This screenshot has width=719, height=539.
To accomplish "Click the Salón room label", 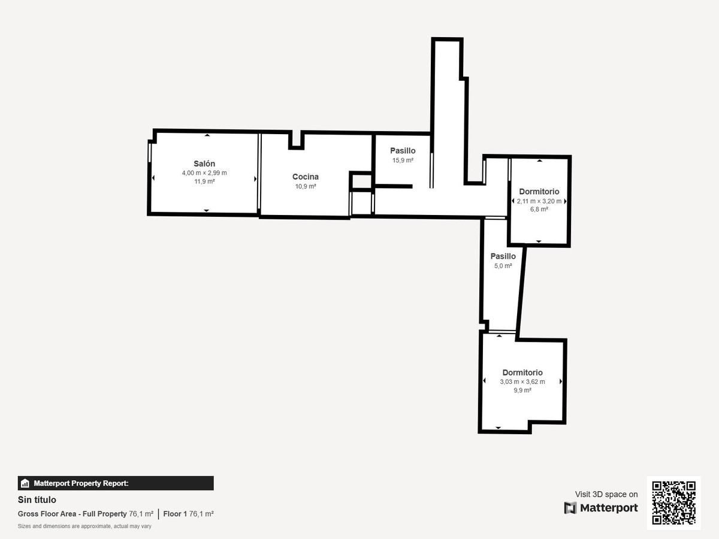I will [204, 163].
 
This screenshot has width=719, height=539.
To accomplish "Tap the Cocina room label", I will [306, 177].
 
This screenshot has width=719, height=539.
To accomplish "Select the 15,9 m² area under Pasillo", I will [403, 161].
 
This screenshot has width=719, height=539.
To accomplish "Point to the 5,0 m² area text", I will [503, 266].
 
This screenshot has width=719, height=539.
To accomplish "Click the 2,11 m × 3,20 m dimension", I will [539, 201].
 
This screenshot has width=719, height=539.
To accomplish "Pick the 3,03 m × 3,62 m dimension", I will [522, 381].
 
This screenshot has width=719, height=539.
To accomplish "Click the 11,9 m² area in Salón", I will [204, 181].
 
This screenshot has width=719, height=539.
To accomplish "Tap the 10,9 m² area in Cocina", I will [306, 186].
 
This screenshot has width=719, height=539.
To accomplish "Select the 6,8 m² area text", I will [539, 210].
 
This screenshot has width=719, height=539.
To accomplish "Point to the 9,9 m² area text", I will [522, 390].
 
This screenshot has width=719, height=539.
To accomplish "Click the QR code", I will [673, 502].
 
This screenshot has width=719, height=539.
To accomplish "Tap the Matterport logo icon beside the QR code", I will [570, 508].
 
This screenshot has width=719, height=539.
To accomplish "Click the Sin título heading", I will [37, 499].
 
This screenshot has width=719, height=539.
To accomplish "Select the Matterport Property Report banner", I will [116, 483].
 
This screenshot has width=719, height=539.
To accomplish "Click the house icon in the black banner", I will [25, 483].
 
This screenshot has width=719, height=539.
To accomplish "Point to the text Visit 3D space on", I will [606, 494].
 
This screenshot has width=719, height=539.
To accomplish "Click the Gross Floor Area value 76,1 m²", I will [141, 514].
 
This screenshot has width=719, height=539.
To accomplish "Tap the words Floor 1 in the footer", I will [175, 514].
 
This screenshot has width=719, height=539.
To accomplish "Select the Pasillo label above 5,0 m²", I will [503, 256].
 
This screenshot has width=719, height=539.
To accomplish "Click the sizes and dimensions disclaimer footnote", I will [84, 526].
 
